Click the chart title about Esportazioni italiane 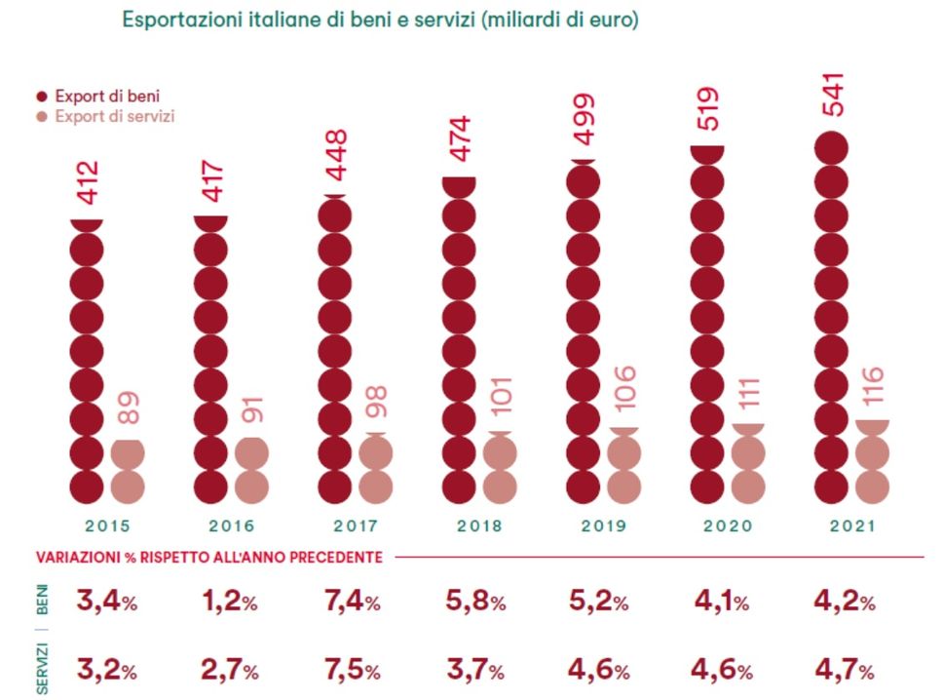coord(380,19)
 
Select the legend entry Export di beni coord(98,97)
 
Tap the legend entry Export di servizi coord(105,116)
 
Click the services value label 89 coord(128,408)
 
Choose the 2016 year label coord(231,525)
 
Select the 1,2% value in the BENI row coord(226,602)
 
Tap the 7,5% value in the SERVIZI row coord(351,672)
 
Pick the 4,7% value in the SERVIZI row coord(844,672)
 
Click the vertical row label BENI coord(43,601)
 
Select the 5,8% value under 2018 coord(474,602)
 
